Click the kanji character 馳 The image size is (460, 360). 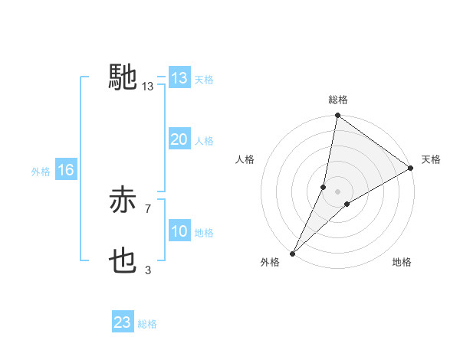(x=123, y=77)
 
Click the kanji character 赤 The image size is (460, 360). (x=123, y=201)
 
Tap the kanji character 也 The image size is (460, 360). (x=123, y=262)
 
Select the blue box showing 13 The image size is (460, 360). (x=179, y=78)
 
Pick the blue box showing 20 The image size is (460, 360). (x=179, y=139)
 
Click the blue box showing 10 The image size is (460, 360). (x=179, y=231)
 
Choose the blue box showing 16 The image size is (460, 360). (x=65, y=170)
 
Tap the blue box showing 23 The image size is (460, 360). (x=123, y=322)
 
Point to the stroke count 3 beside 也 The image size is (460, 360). (x=148, y=270)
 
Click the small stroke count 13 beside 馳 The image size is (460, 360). (x=148, y=87)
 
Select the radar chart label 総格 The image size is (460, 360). (x=337, y=100)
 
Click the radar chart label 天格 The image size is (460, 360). (x=432, y=159)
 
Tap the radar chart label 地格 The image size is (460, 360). (x=402, y=263)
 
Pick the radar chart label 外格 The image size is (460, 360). (x=270, y=263)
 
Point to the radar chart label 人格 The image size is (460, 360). (x=245, y=159)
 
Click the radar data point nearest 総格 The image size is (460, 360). (x=337, y=116)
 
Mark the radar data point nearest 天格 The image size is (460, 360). (x=411, y=168)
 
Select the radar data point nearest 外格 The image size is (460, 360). (x=293, y=253)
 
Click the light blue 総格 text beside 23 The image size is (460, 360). (x=147, y=324)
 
